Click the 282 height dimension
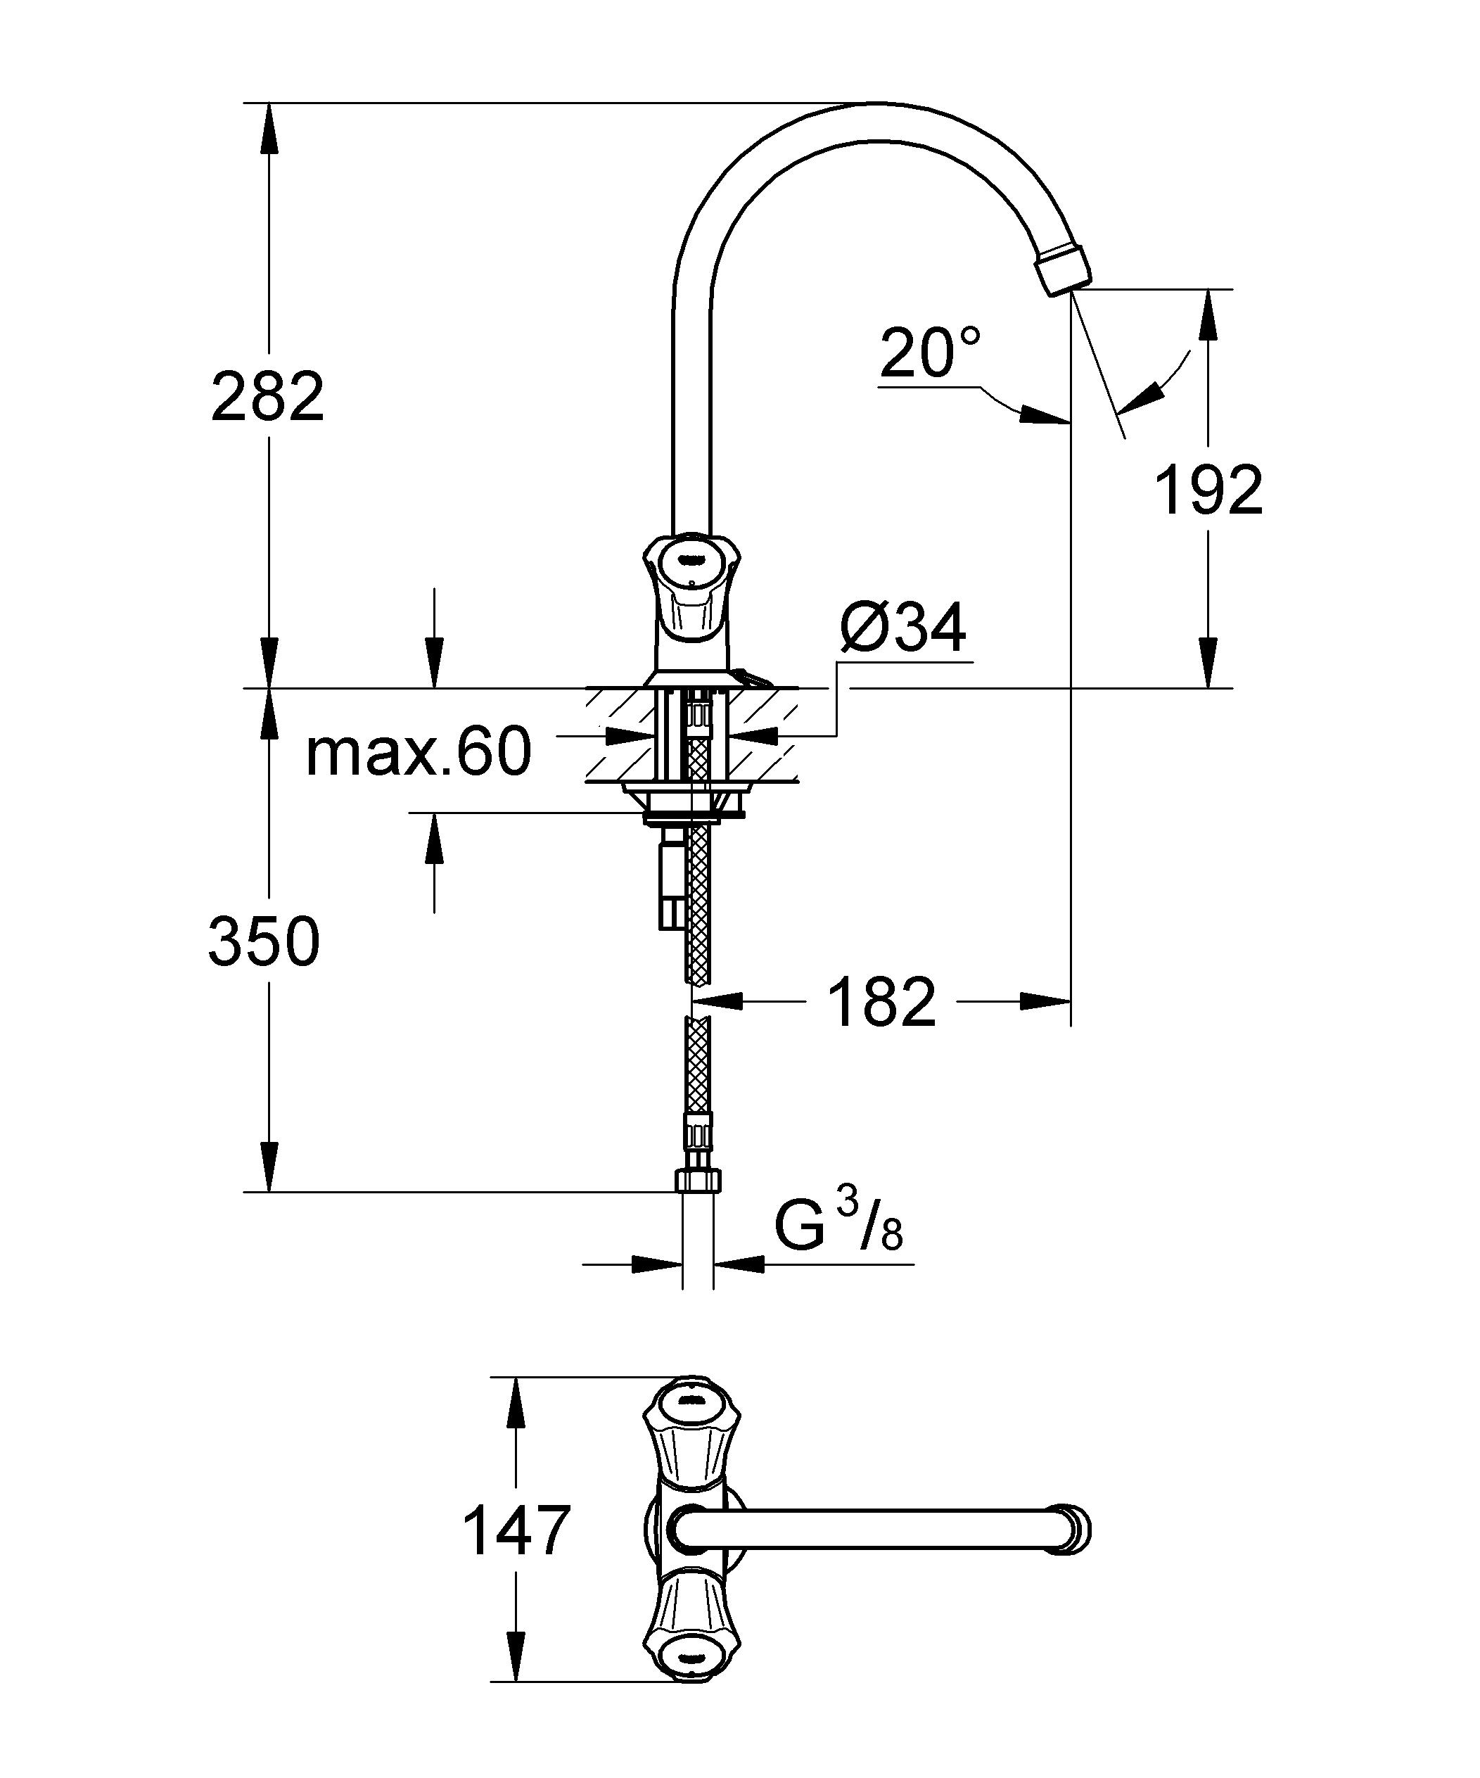(x=267, y=396)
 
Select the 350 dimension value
(x=264, y=941)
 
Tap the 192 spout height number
(x=1209, y=490)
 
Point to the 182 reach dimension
(x=881, y=1002)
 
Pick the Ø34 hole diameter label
(x=902, y=630)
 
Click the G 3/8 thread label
(x=838, y=1229)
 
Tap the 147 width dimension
(x=516, y=1531)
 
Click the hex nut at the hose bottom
(x=698, y=1180)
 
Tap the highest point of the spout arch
(x=881, y=105)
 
